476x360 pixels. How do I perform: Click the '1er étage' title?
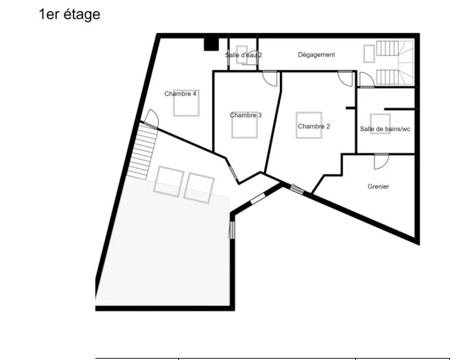click(69, 14)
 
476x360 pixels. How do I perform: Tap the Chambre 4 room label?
click(180, 94)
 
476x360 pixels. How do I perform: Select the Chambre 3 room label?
click(246, 115)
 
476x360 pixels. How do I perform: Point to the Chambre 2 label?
click(314, 126)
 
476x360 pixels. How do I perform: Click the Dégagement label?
click(316, 55)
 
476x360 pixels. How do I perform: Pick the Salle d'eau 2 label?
click(243, 55)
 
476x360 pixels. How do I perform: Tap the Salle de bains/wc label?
click(385, 129)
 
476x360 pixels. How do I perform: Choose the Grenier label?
click(378, 187)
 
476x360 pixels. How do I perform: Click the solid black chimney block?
click(211, 43)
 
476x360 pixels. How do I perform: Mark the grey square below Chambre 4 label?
click(186, 103)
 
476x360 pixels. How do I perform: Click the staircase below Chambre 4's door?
click(141, 151)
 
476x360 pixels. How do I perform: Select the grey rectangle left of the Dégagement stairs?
click(369, 53)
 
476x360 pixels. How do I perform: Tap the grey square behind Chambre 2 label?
click(309, 125)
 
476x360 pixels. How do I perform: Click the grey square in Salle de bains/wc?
click(380, 123)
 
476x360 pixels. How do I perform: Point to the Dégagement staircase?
click(395, 62)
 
